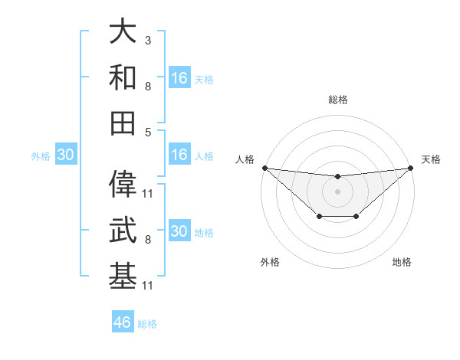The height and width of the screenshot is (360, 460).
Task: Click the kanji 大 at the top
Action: tap(123, 33)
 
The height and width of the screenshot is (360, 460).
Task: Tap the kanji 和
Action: tap(123, 77)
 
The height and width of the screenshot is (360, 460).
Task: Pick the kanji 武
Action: tap(123, 230)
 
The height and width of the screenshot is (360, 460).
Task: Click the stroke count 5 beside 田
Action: tap(147, 131)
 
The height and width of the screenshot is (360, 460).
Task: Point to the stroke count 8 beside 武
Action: tap(147, 240)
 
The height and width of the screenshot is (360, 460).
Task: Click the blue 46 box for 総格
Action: tap(123, 322)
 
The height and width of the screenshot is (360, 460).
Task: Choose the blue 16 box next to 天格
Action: tap(179, 78)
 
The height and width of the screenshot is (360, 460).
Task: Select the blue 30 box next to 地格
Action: tap(179, 232)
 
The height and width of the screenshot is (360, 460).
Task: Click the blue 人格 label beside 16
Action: tap(204, 156)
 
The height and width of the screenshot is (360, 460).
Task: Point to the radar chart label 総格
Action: tap(338, 100)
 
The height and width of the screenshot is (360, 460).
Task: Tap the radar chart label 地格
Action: tap(402, 263)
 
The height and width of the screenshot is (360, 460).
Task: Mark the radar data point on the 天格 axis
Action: tap(411, 168)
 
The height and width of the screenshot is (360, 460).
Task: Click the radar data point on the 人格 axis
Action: tap(264, 168)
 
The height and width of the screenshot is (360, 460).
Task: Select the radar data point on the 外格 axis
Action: tap(319, 218)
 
